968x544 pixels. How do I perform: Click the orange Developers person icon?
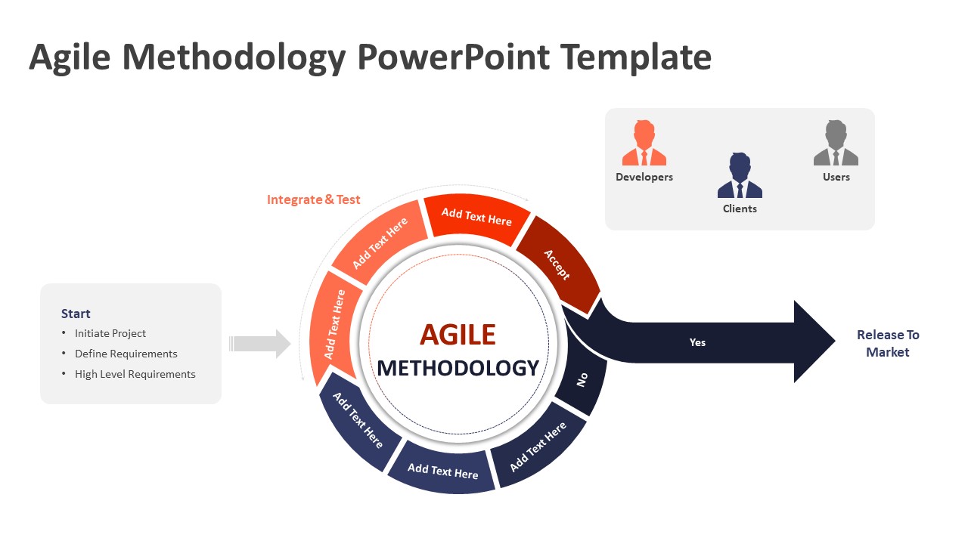coord(644,144)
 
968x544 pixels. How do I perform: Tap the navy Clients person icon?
coord(740,175)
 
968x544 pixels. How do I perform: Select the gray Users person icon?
coord(836,144)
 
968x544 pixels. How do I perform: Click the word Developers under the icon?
coord(644,177)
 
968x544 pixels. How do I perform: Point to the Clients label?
coord(740,209)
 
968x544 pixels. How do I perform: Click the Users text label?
coord(836,177)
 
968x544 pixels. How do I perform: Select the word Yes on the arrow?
coord(697,342)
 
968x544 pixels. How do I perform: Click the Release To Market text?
coord(888,343)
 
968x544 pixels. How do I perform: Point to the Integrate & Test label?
coord(313,199)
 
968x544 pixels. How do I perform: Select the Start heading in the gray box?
coord(76,314)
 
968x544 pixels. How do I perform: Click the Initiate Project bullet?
coord(110,333)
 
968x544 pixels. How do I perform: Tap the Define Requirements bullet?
coord(126,354)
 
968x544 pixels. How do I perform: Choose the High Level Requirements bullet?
coord(135,374)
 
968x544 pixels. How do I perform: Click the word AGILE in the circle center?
coord(458,334)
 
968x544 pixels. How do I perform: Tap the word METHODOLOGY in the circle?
coord(458,368)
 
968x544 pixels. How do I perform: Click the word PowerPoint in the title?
coord(453,57)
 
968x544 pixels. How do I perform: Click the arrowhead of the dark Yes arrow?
coord(813,342)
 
